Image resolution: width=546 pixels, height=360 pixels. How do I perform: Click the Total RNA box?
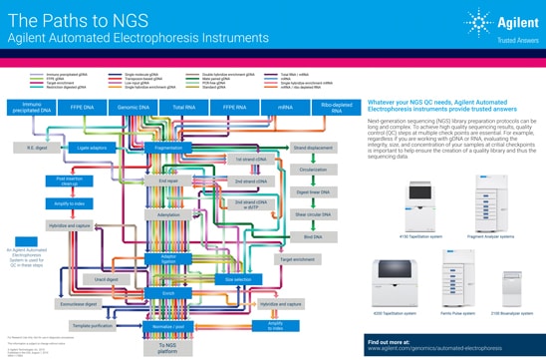pyautogui.click(x=182, y=105)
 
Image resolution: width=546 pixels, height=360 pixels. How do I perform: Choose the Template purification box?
pyautogui.click(x=92, y=324)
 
